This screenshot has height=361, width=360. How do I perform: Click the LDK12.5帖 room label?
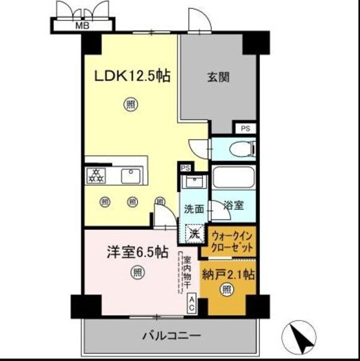[132, 76]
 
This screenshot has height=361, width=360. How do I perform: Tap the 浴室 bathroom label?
[233, 206]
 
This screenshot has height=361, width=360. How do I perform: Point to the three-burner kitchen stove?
[95, 176]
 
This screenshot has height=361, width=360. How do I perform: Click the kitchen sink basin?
[130, 176]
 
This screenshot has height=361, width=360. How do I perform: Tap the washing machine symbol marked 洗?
[193, 233]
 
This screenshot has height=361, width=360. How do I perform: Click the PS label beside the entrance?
[245, 128]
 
